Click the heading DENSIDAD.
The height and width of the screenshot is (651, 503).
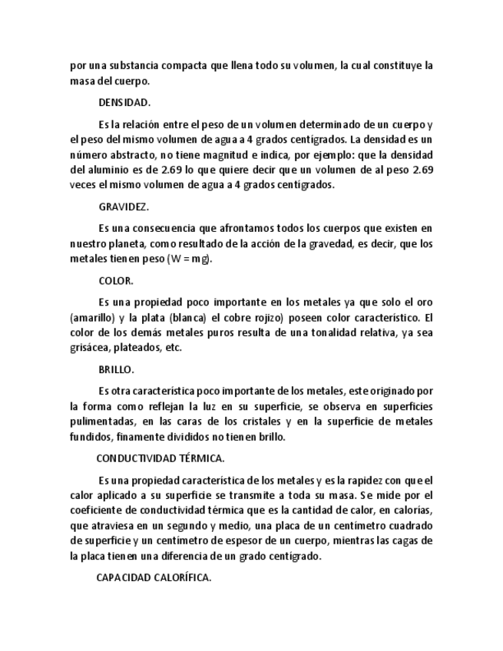(x=124, y=102)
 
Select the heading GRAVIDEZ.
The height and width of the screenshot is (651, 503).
(x=124, y=207)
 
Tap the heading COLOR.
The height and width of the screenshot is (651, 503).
(x=116, y=281)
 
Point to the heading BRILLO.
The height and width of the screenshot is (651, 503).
(x=117, y=369)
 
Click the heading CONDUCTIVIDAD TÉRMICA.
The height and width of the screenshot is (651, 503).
(x=160, y=458)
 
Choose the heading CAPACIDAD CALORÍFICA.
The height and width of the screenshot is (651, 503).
(x=153, y=577)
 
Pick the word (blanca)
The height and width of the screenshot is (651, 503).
(x=187, y=318)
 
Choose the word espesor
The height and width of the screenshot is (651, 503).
(x=240, y=540)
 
